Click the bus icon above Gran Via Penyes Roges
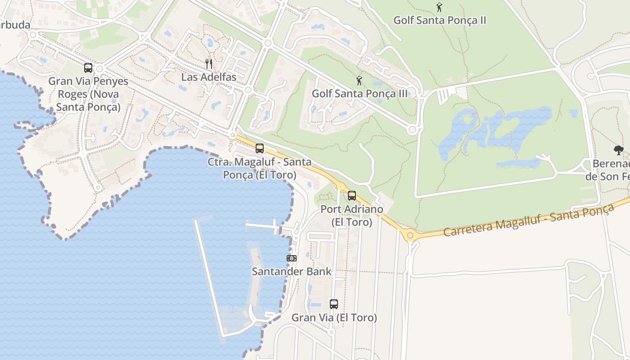[88, 68]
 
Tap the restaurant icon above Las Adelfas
[208, 63]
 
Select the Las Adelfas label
[208, 77]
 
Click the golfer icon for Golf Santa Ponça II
[439, 7]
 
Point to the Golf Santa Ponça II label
[440, 20]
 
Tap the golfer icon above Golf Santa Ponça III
[359, 81]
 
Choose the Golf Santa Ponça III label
[360, 94]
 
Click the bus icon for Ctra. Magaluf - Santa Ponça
[260, 148]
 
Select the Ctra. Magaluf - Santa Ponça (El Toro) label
[260, 168]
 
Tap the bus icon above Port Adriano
[352, 196]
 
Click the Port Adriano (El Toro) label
[352, 216]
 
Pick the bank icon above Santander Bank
[292, 258]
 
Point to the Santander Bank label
[292, 271]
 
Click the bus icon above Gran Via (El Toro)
[334, 304]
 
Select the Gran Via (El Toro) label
[334, 318]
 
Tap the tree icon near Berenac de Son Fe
[619, 150]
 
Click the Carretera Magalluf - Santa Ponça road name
[529, 220]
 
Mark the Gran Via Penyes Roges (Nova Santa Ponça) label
[88, 94]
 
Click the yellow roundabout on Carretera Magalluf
[409, 235]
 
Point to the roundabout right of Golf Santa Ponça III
[412, 130]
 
